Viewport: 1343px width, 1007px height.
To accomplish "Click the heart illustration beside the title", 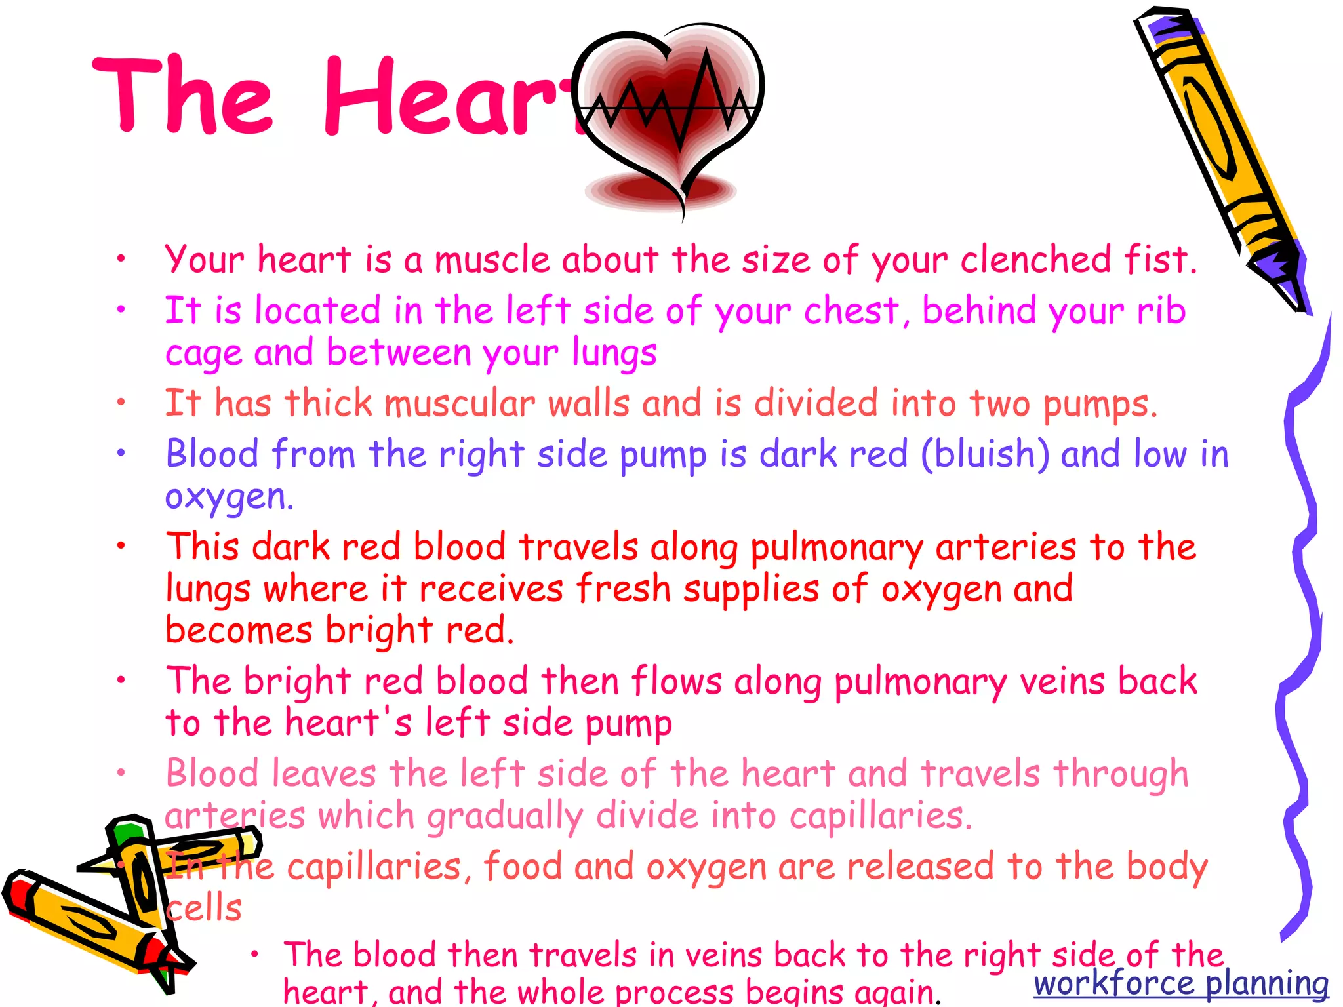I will pos(669,111).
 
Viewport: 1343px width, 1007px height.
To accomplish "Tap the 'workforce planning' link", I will pos(1181,983).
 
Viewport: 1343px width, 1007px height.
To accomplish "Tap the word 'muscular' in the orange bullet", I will pos(460,404).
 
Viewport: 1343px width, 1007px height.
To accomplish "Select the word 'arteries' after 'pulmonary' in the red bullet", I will pos(1006,547).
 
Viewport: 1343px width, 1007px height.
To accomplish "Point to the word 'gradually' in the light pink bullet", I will pos(505,817).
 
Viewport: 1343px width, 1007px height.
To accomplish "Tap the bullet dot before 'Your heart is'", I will pos(121,260).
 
